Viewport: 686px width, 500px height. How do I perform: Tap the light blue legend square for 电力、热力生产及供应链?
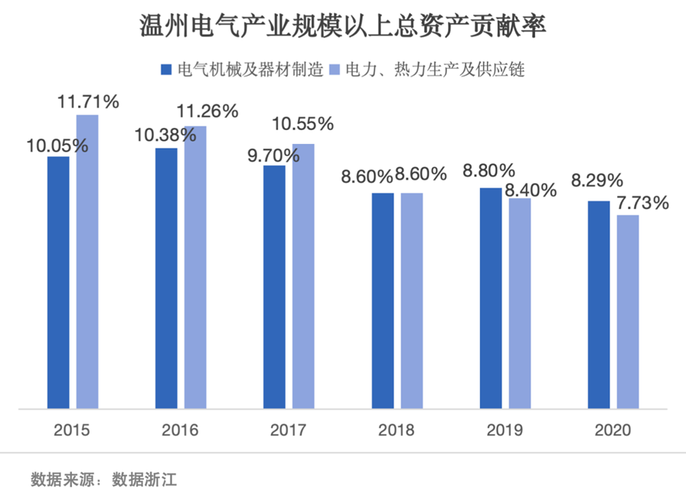coord(334,70)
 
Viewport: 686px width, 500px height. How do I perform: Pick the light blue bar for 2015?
coord(87,261)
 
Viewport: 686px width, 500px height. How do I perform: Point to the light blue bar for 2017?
coord(303,276)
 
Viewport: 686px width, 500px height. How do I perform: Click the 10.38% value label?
coord(166,136)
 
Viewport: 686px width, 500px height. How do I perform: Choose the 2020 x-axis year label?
coord(612,430)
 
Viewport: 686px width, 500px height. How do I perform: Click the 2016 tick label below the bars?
coord(180,430)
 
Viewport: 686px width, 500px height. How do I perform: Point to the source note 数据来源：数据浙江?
coord(106,480)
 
